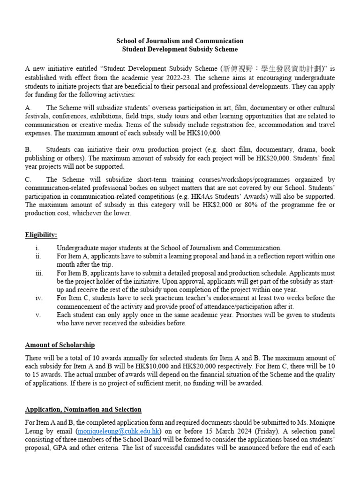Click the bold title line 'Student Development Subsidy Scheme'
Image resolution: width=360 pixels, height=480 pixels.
pos(180,49)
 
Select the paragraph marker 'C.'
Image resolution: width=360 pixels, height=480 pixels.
pos(28,180)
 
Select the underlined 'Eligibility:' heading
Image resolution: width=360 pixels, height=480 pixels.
pos(41,235)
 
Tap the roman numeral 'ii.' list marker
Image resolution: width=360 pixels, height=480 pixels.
pos(38,256)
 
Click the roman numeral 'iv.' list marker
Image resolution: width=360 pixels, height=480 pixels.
pos(38,298)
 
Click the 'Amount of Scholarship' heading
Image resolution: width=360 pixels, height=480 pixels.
pos(60,345)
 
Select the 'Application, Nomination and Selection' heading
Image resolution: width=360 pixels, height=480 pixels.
pos(83,410)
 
